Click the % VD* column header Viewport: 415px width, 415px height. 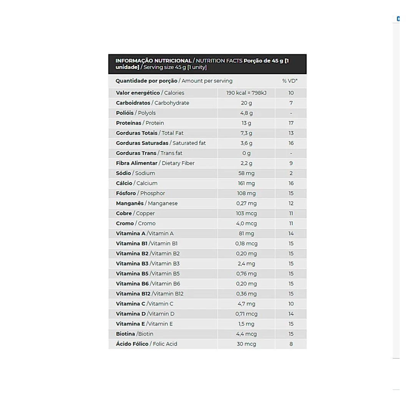tap(290, 81)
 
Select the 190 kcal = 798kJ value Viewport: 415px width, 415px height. tap(246, 93)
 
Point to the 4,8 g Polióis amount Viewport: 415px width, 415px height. tap(246, 113)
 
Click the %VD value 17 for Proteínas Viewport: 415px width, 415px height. tap(291, 123)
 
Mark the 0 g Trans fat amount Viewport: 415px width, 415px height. tap(246, 153)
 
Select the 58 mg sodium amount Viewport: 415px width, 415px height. tap(246, 173)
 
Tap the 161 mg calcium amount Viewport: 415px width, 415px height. tap(246, 183)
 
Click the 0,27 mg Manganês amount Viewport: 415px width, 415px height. tap(246, 203)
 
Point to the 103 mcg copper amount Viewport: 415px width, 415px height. tap(246, 213)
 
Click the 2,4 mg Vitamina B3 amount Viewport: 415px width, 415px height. tap(246, 264)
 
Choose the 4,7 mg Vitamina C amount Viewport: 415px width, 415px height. tap(246, 304)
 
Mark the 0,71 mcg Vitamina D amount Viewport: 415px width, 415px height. tap(246, 314)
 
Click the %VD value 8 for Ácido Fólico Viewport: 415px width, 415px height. tap(291, 344)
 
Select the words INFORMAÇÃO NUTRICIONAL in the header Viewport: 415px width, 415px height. tap(153, 61)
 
